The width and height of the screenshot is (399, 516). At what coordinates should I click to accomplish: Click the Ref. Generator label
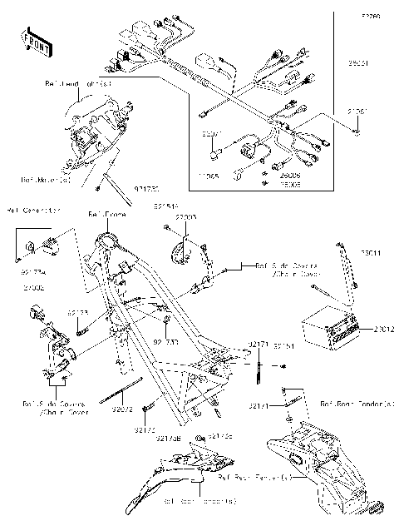(x=33, y=211)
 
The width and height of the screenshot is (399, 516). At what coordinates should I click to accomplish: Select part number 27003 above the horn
(x=185, y=216)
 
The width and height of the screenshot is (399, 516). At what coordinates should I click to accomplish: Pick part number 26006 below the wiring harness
(x=289, y=176)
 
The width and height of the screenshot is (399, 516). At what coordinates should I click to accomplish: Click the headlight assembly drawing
(x=91, y=133)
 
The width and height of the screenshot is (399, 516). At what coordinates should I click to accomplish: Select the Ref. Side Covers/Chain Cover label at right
(x=268, y=268)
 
